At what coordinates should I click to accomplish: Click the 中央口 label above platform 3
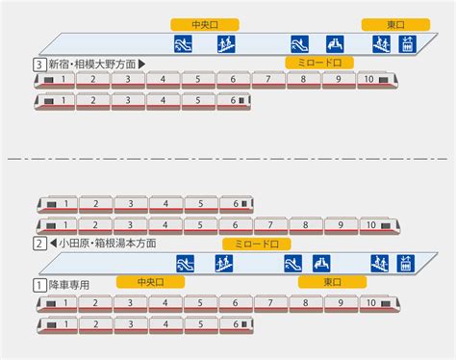(x=205, y=25)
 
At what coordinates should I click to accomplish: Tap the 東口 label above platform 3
(x=395, y=25)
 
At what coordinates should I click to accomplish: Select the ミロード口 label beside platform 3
(x=319, y=63)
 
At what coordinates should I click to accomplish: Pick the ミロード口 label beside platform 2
(x=257, y=244)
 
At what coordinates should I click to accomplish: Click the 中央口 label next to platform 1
(x=150, y=282)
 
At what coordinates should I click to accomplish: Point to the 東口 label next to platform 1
(x=332, y=282)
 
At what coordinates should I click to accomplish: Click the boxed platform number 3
(x=39, y=64)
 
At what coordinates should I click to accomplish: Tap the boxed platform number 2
(x=39, y=244)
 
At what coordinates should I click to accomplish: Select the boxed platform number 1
(x=39, y=285)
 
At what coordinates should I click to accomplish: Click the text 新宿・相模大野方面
(x=92, y=64)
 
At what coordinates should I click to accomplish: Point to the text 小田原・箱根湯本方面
(x=108, y=244)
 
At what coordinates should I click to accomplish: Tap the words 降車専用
(x=69, y=285)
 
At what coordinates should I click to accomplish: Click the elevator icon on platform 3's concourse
(x=407, y=44)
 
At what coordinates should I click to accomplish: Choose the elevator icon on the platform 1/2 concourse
(x=406, y=264)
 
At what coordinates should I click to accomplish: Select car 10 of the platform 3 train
(x=378, y=80)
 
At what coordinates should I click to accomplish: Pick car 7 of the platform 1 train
(x=270, y=303)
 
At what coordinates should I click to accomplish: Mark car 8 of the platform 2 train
(x=305, y=225)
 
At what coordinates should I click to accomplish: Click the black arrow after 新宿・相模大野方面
(x=141, y=64)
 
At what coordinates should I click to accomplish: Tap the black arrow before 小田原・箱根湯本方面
(x=53, y=244)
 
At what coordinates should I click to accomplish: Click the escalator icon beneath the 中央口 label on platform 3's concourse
(x=183, y=44)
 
